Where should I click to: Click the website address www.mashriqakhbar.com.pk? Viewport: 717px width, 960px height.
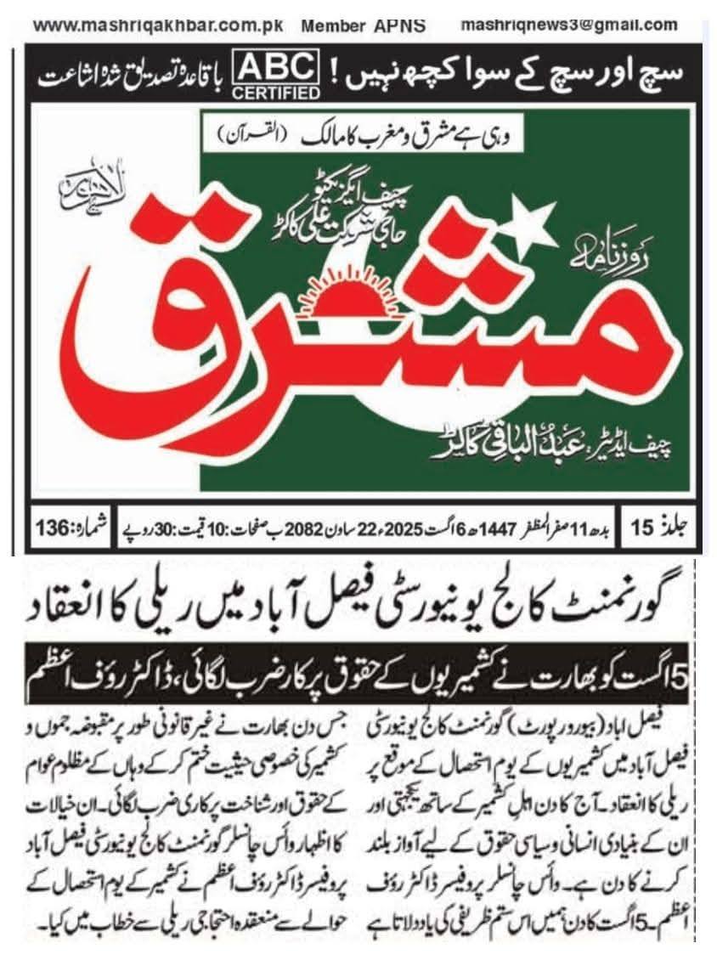tap(158, 25)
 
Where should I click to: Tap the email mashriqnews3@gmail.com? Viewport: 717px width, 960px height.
tap(568, 25)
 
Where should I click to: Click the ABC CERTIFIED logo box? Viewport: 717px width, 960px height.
tap(278, 75)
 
